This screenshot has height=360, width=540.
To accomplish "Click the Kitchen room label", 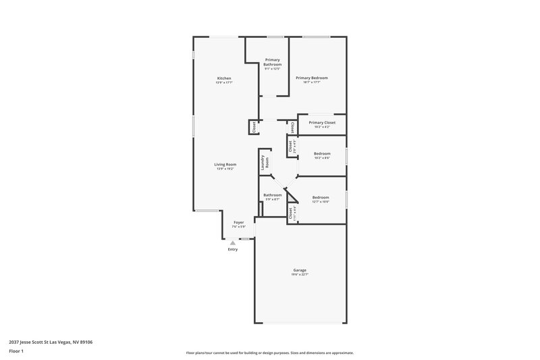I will [x=224, y=78].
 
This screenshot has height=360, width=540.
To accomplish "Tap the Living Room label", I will [x=225, y=164].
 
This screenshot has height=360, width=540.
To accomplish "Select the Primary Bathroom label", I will [x=272, y=62].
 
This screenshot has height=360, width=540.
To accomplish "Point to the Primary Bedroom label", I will [x=312, y=78].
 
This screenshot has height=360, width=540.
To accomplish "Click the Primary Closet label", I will [x=322, y=122].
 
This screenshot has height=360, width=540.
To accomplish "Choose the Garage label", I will [x=300, y=270].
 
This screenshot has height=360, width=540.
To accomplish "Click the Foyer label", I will [x=238, y=222].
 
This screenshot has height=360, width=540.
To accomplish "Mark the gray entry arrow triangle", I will [x=233, y=242].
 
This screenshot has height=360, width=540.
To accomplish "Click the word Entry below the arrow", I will [x=233, y=250].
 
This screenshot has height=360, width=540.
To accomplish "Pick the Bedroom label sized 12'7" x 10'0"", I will [x=320, y=197].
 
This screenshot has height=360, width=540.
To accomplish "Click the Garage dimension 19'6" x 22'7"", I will [x=300, y=274].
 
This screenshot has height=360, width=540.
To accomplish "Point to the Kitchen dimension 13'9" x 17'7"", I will [x=224, y=82].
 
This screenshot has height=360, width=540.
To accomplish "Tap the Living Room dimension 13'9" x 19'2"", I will [x=225, y=168].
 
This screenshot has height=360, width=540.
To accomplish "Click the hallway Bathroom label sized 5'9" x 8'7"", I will [x=273, y=195].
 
